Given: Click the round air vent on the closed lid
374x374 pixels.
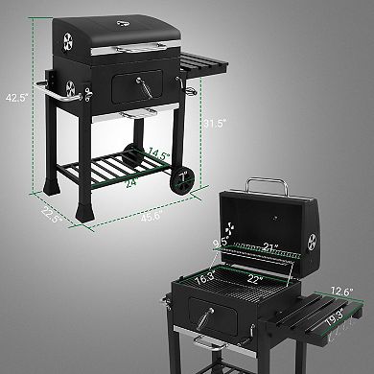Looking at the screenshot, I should coord(67,41).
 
